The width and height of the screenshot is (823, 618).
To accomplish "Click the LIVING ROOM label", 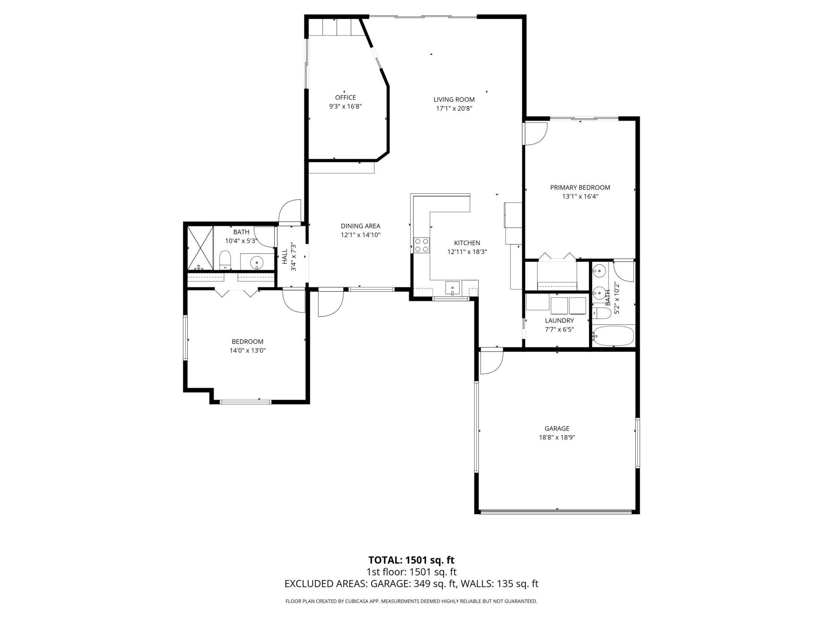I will [x=454, y=100].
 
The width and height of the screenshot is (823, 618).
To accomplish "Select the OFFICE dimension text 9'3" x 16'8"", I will [x=345, y=106].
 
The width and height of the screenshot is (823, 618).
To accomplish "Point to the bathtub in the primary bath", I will [x=613, y=336].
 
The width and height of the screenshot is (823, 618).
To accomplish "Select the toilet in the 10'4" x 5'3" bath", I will [x=225, y=260].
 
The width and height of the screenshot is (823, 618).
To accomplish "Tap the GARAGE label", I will [x=557, y=428].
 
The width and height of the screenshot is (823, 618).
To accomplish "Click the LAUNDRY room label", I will [x=559, y=321].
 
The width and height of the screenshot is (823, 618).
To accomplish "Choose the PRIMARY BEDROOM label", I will [x=580, y=188].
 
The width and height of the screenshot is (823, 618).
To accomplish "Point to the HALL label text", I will [x=285, y=256].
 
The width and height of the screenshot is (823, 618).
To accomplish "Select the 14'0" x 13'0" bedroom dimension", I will [x=247, y=351].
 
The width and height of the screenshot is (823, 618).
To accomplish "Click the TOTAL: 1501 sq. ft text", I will [x=411, y=560].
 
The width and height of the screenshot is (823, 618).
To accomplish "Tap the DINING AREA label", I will [x=360, y=226].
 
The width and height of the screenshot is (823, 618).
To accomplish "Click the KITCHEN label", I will [x=467, y=243].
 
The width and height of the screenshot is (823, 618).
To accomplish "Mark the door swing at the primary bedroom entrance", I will [x=535, y=134].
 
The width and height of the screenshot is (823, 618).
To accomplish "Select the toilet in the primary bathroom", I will [x=601, y=313].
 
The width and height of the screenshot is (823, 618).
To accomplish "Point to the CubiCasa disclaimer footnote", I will [x=411, y=601].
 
